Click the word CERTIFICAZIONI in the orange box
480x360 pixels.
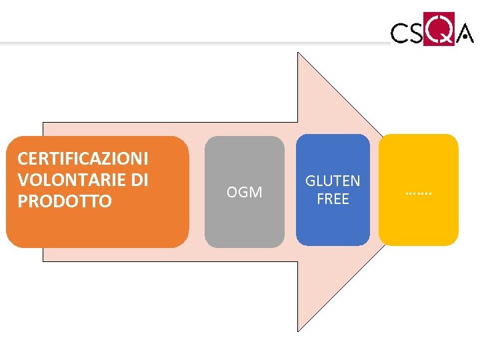coord(83,159)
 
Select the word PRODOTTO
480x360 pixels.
coord(65,201)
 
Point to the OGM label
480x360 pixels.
coord(244,193)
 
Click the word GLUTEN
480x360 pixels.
coord(333,181)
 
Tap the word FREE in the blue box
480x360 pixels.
coord(333,199)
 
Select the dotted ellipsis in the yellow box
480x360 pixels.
coord(419,193)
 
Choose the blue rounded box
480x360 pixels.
coord(333,223)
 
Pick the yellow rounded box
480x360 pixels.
coord(419,220)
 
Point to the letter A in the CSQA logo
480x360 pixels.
coord(465,33)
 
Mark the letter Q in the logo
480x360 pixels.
coord(437,30)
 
